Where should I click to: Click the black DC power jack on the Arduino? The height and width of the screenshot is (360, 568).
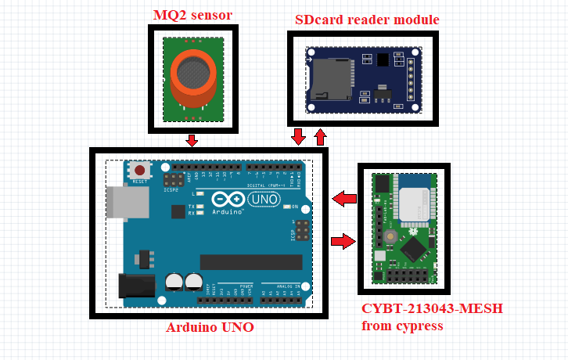134,284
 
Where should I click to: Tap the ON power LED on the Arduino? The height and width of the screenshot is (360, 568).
285,207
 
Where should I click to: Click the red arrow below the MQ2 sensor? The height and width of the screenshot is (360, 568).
192,140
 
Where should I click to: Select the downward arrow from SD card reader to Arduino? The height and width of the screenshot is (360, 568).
298,137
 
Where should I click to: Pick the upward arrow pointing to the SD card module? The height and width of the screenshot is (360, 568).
320,137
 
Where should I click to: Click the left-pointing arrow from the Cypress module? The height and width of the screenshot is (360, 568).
344,199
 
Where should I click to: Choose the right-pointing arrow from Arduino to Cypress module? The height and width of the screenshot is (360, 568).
343,241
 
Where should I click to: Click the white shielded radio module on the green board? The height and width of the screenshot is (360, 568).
415,206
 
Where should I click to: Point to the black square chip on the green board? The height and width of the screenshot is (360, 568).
412,250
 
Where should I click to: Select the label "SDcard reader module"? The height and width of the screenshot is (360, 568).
367,20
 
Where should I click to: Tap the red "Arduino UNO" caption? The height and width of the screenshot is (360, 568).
210,327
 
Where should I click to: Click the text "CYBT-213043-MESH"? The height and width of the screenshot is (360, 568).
432,308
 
